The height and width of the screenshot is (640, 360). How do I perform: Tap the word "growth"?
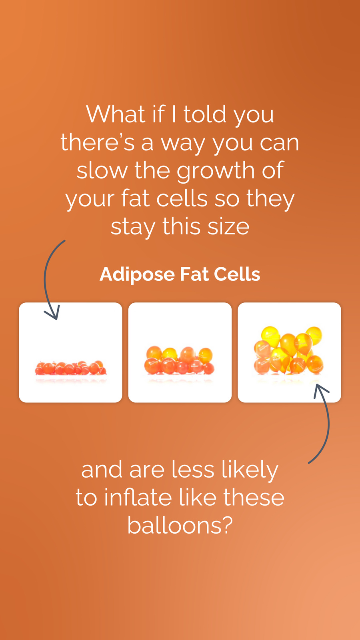(x=216, y=170)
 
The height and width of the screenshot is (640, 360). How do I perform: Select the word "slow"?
(x=102, y=170)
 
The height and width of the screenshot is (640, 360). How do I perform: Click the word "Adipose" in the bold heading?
(x=137, y=275)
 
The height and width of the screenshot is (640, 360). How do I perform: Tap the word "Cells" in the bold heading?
(x=237, y=274)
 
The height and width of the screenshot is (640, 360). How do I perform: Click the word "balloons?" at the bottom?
(x=180, y=525)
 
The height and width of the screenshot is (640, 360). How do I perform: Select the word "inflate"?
(x=138, y=497)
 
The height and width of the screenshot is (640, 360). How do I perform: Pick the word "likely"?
(x=250, y=470)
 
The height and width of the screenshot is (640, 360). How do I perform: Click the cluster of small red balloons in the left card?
(x=70, y=368)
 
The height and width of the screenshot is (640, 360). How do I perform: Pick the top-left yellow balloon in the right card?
(x=270, y=336)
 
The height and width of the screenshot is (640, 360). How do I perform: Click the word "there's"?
(x=98, y=142)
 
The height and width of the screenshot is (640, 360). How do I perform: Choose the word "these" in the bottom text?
(x=254, y=497)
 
